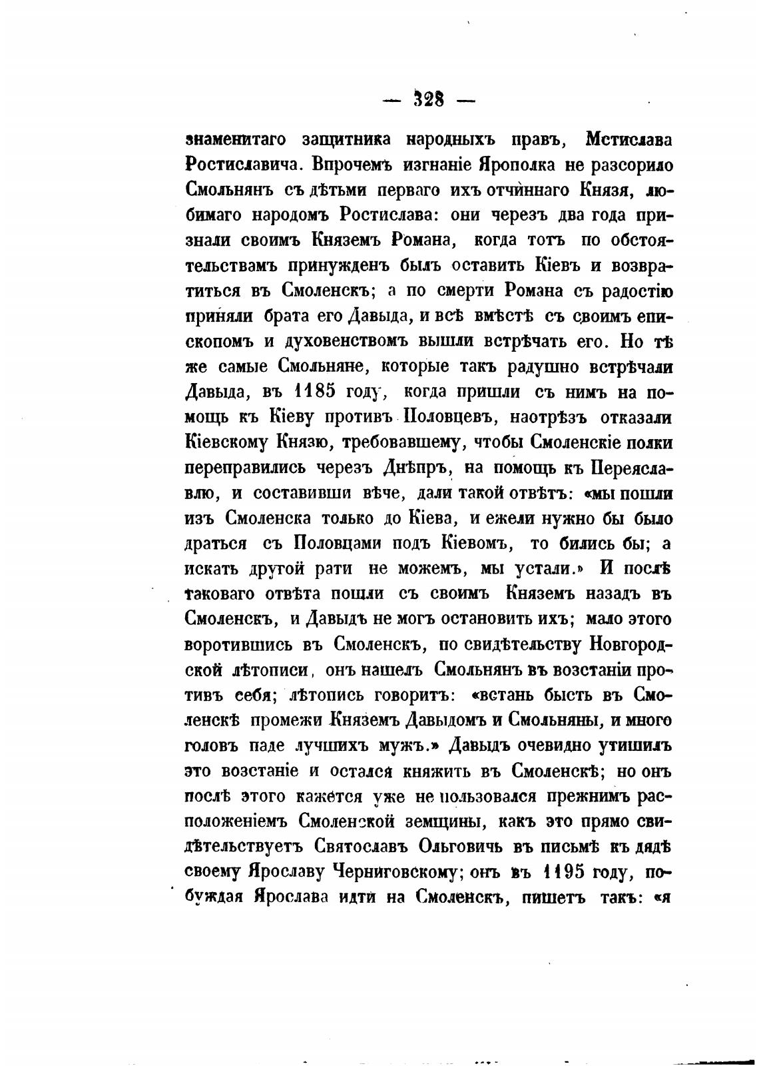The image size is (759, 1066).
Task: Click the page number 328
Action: (429, 100)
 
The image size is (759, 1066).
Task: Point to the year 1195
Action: (581, 871)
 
